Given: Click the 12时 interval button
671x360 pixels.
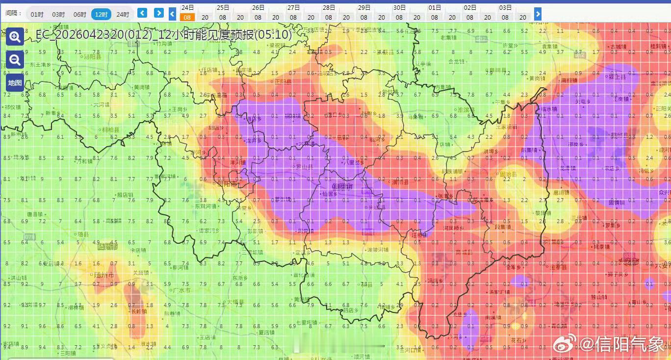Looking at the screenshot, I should point(101,14).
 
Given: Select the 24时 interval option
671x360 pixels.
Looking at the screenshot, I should point(123,14).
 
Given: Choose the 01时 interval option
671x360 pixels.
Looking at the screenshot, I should point(37,14).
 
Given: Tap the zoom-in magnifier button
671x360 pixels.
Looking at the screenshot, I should point(15,37).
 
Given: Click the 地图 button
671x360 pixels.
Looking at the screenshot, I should point(15,82).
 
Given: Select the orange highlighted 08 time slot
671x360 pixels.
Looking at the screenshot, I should point(187,17).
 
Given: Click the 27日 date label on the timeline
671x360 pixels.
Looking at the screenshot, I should point(293,8).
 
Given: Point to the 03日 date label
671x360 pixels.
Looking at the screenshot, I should point(505,8).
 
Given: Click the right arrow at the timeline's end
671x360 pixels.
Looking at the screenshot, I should point(538,14).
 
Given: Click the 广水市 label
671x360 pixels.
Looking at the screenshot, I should point(181,290).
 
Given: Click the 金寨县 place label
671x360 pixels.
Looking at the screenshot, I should point(558,268).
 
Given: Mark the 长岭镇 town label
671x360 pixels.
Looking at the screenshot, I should point(138,311).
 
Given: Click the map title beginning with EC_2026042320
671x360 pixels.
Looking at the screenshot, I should point(163,35).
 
